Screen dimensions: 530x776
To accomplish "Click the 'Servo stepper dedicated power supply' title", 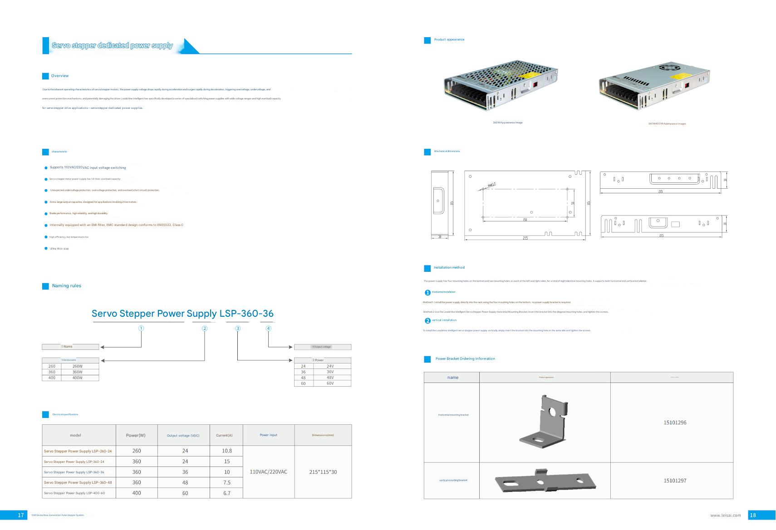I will pyautogui.click(x=112, y=45).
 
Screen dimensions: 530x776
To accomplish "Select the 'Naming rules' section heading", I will pyautogui.click(x=66, y=286).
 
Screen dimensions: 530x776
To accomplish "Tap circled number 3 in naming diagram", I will pyautogui.click(x=238, y=329).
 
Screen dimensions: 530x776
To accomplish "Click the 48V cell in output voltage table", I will pyautogui.click(x=330, y=378).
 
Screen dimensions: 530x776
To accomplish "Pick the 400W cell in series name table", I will pyautogui.click(x=78, y=378).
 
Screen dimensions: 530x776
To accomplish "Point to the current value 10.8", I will pyautogui.click(x=227, y=451).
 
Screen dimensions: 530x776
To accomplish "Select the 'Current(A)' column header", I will pyautogui.click(x=224, y=436).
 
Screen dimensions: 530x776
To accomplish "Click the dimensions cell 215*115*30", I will pyautogui.click(x=323, y=472).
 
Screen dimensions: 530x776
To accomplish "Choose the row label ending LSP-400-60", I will pyautogui.click(x=74, y=493).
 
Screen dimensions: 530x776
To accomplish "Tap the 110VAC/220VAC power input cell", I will pyautogui.click(x=269, y=472).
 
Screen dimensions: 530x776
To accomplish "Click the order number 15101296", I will pyautogui.click(x=675, y=423).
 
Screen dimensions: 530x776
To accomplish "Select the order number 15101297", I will pyautogui.click(x=675, y=481).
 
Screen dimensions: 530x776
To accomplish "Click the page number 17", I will pyautogui.click(x=20, y=515).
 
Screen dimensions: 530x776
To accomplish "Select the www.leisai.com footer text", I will pyautogui.click(x=725, y=515).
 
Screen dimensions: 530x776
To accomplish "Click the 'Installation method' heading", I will pyautogui.click(x=449, y=268).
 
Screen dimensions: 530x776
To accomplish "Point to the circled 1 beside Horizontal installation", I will pyautogui.click(x=427, y=293).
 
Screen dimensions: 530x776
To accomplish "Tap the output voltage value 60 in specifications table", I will pyautogui.click(x=185, y=493).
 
